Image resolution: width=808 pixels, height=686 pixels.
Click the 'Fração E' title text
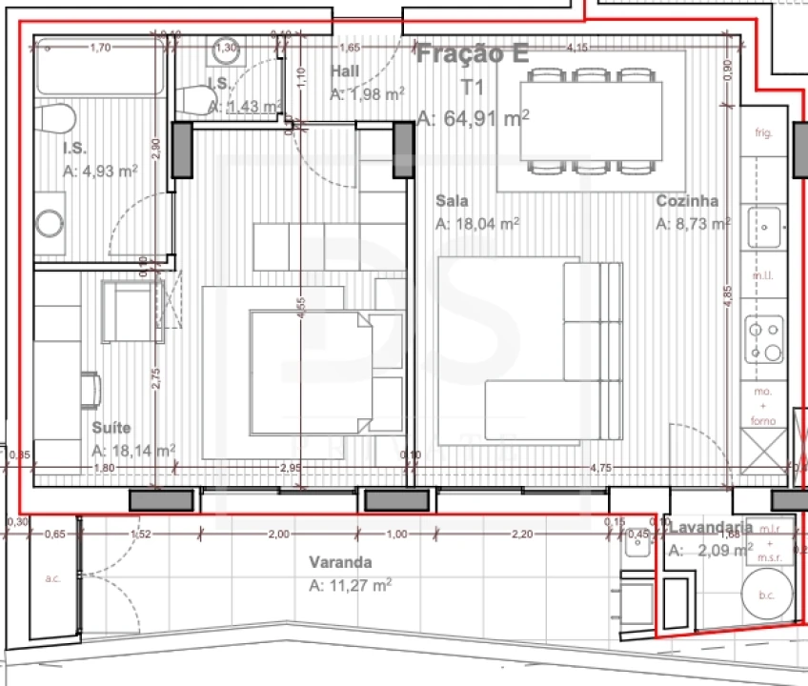(x=473, y=53)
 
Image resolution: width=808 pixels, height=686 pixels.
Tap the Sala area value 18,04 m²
(x=477, y=224)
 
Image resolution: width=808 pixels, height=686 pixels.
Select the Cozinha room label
(x=687, y=201)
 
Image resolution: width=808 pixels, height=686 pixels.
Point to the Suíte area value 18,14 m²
(x=133, y=451)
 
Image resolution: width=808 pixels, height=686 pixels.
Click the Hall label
(x=345, y=71)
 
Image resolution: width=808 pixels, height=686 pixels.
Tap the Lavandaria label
(x=711, y=527)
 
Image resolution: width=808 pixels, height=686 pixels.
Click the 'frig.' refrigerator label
(x=763, y=132)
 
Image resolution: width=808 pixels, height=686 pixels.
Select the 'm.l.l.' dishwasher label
(x=763, y=275)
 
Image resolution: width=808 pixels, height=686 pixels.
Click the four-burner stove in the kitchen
(x=764, y=341)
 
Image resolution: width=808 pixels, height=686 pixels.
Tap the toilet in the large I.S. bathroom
(x=56, y=119)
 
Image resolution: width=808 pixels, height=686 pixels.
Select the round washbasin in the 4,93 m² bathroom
(x=50, y=224)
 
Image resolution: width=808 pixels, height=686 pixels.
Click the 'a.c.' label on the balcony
(x=52, y=578)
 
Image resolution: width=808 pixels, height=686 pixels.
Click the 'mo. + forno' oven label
(x=763, y=406)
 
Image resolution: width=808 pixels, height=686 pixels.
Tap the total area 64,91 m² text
(x=474, y=118)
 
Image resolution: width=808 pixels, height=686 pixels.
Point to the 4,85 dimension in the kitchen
(x=728, y=293)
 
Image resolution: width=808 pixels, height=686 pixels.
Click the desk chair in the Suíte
(x=91, y=389)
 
